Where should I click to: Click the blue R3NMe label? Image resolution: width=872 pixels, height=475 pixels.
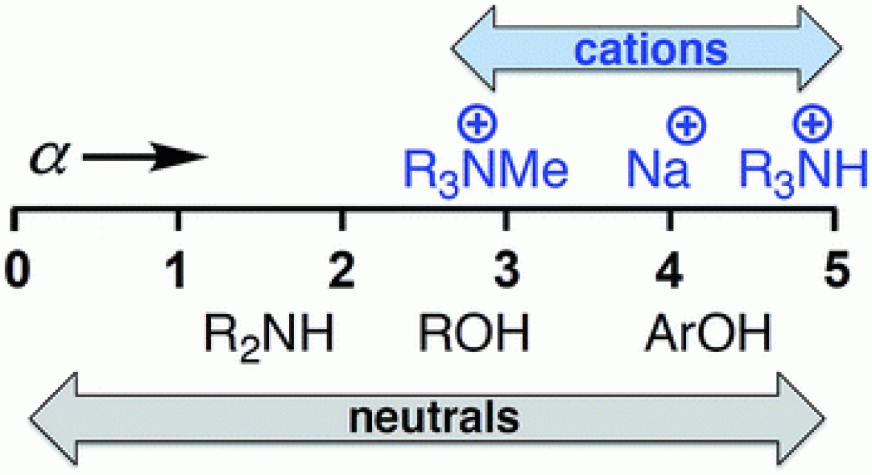point(486,171)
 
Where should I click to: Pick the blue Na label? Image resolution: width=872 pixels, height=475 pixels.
point(658,171)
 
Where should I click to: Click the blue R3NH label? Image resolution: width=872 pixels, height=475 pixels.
point(803,171)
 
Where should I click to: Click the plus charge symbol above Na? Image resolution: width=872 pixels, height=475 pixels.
point(687,125)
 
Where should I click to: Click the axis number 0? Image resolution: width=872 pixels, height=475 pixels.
point(16,271)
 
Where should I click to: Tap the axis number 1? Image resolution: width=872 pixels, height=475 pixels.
point(178,271)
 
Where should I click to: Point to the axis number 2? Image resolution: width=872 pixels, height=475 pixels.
point(342,271)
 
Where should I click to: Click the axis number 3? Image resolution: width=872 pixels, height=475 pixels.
point(506,271)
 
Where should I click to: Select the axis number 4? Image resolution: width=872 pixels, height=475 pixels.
point(670,271)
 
